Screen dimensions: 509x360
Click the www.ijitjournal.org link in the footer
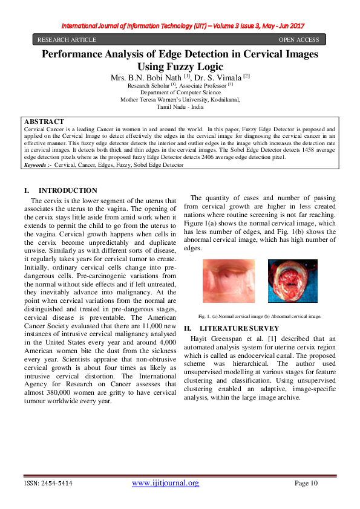pyautogui.click(x=165, y=483)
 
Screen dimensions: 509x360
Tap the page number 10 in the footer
pyautogui.click(x=313, y=483)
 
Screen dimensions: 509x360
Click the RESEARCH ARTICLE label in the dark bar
pyautogui.click(x=67, y=40)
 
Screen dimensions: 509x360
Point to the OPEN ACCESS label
pyautogui.click(x=298, y=40)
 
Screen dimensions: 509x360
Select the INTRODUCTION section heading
pyautogui.click(x=67, y=190)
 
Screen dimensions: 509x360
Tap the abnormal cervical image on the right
pyautogui.click(x=292, y=280)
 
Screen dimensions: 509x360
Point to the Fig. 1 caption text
pyautogui.click(x=260, y=316)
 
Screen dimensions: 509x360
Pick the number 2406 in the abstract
pyautogui.click(x=188, y=157)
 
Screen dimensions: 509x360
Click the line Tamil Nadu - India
pyautogui.click(x=180, y=107)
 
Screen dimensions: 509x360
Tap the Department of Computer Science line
pyautogui.click(x=180, y=92)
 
